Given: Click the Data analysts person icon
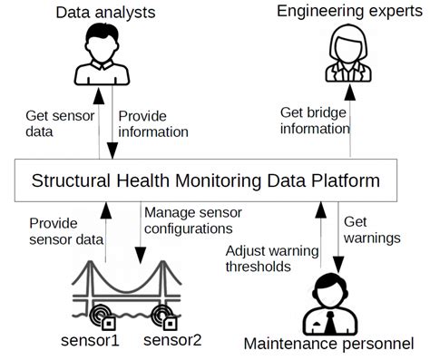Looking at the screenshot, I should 102,56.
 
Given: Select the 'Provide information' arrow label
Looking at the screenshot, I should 153,123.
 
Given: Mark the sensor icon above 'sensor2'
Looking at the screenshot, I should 165,316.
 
